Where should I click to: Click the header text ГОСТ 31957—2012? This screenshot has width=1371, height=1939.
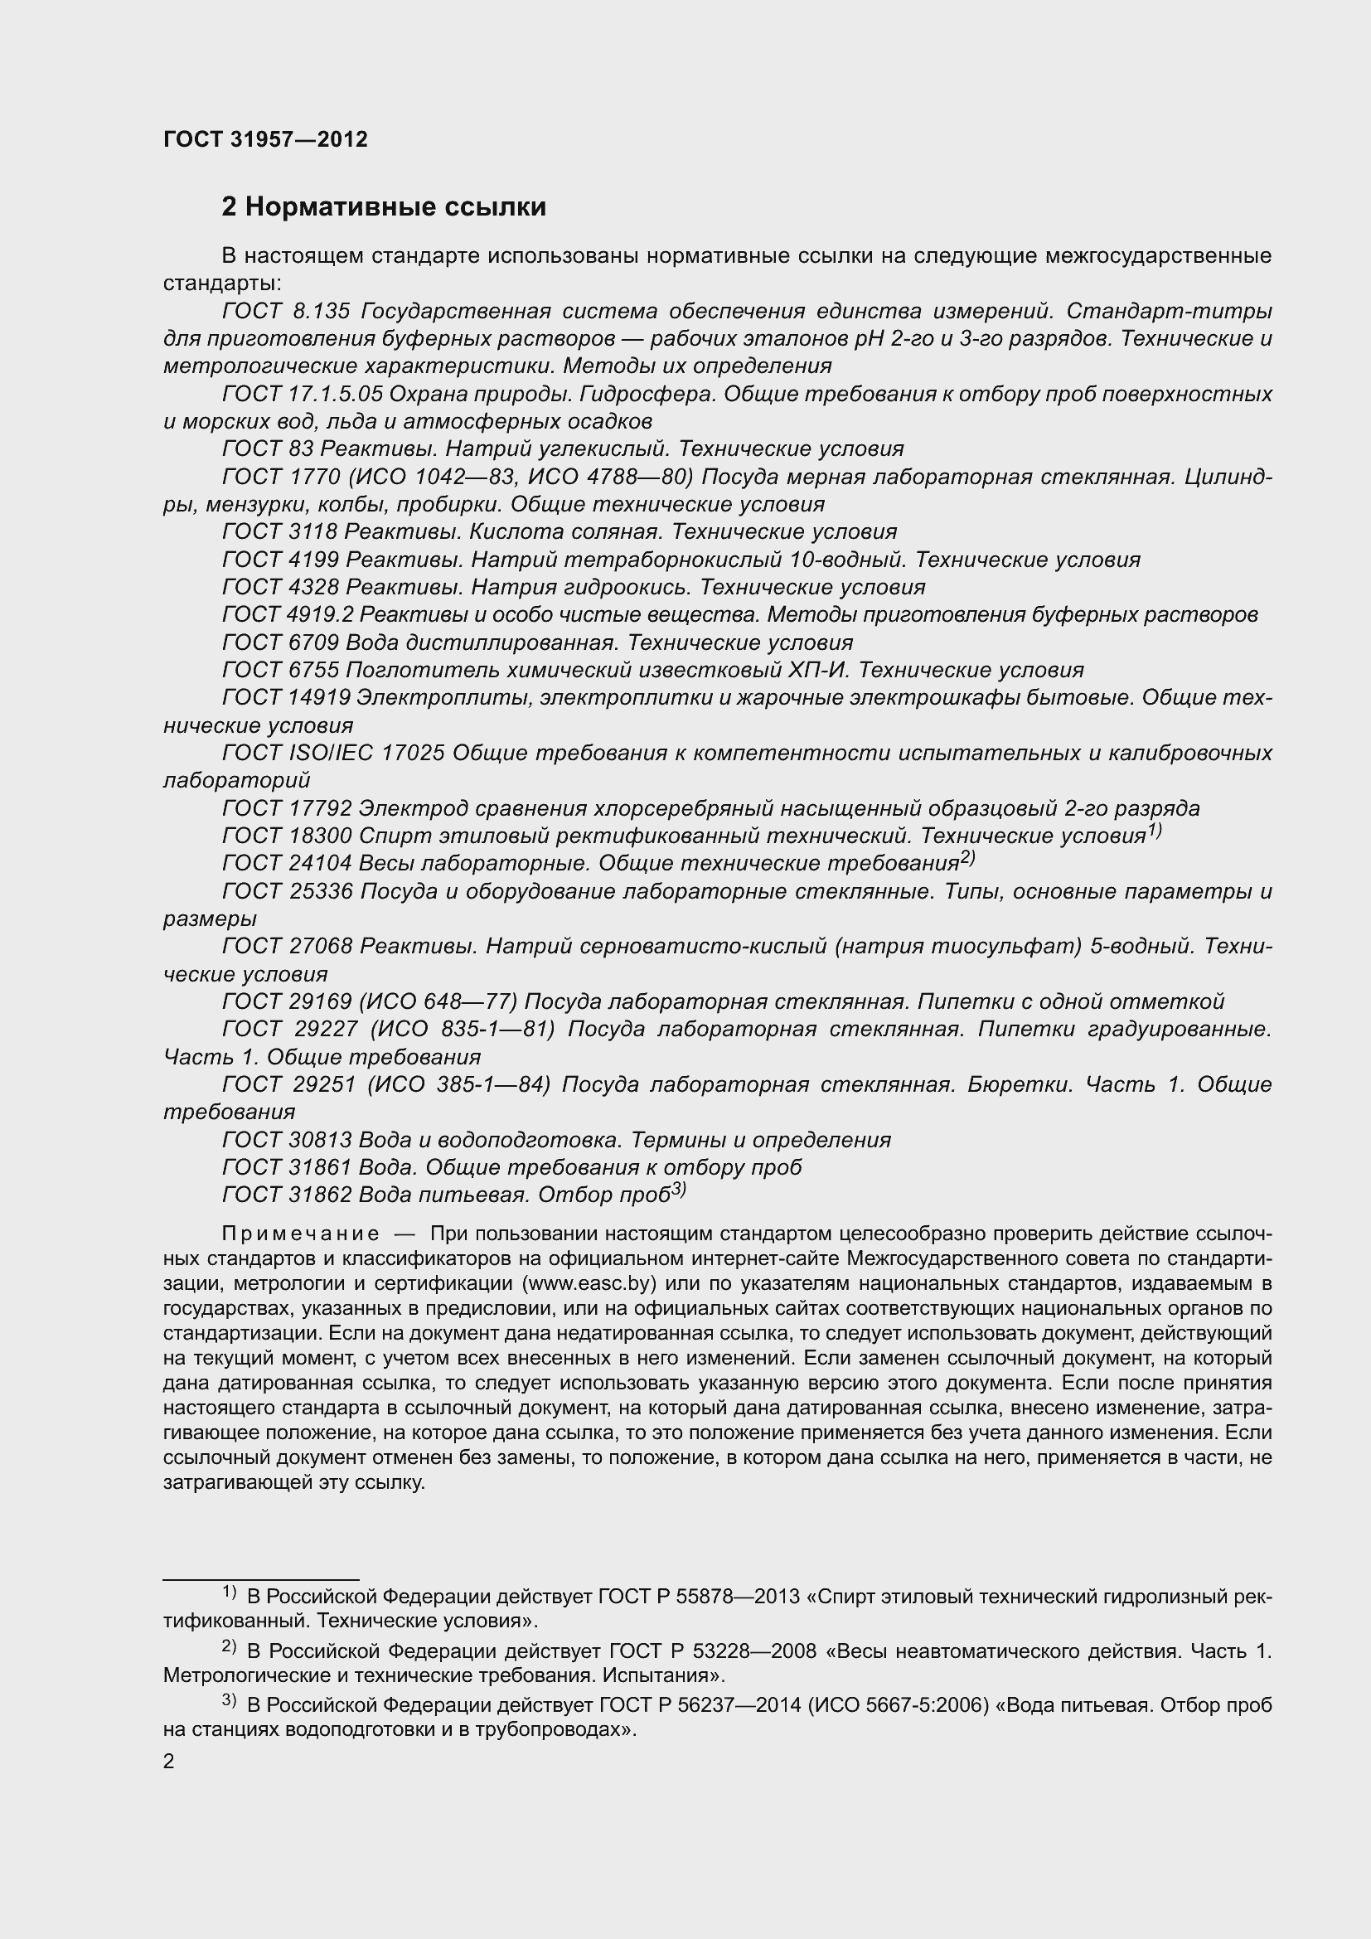pos(265,140)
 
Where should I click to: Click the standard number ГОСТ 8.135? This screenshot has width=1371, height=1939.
pos(285,312)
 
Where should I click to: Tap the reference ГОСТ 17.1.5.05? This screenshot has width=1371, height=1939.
pos(303,395)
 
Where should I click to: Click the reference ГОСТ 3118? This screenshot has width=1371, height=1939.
pos(279,531)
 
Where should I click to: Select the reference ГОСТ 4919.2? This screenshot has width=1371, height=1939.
pos(287,614)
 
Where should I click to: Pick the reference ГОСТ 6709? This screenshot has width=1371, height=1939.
pos(279,642)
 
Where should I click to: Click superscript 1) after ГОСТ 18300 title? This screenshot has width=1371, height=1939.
pos(1155,831)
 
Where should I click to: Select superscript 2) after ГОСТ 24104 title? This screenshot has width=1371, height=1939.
pos(967,859)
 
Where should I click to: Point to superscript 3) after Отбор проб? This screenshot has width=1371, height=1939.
pos(678,1190)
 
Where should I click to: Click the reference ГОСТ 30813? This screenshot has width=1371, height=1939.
pos(286,1140)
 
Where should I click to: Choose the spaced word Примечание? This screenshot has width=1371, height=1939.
pos(301,1234)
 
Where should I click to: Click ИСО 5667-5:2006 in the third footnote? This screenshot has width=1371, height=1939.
pos(902,1705)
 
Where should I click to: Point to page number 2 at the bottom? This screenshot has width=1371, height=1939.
pos(169,1762)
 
